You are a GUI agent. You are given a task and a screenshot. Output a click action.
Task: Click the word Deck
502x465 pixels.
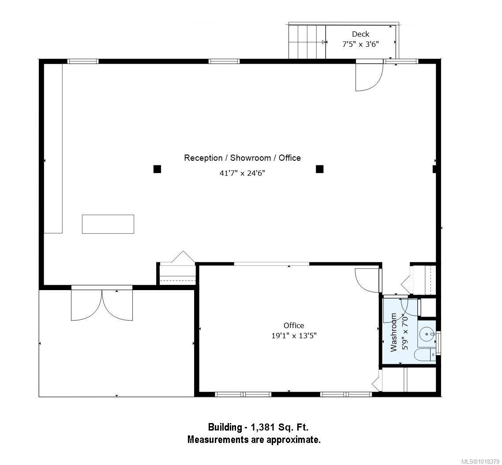360,34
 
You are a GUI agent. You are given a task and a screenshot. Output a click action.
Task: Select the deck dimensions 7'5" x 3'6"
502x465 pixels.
360,44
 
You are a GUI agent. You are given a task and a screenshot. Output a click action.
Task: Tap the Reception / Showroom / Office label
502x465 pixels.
242,158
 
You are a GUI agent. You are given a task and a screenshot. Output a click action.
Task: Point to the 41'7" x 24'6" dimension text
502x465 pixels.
242,173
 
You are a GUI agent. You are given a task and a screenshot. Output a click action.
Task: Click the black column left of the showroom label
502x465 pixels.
157,169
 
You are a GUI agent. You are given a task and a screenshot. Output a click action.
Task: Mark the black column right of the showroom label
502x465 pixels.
319,169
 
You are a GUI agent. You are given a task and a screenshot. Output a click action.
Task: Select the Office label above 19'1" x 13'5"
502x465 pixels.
294,325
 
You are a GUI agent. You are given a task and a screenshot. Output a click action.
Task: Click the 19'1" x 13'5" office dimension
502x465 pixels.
294,335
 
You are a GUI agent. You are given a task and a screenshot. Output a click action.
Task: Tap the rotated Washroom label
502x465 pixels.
393,332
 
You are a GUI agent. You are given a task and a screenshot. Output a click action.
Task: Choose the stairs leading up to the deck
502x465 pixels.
307,42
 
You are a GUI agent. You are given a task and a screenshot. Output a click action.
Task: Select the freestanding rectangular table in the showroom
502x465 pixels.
108,224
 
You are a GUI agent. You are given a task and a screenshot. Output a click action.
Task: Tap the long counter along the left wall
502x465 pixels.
53,148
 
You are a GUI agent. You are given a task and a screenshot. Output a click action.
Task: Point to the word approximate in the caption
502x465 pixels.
292,439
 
